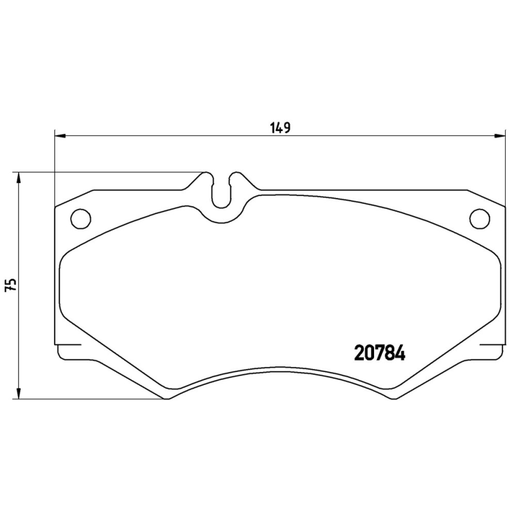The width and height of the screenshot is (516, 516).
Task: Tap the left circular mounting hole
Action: point(80,219)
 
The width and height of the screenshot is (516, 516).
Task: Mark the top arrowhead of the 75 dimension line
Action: point(19,178)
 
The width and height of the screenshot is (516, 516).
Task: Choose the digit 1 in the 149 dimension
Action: point(272,126)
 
